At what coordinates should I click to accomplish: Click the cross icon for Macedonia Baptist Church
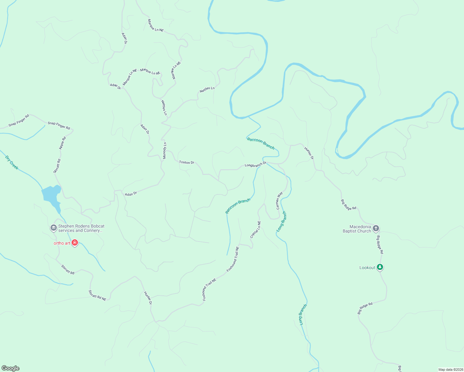click(x=376, y=229)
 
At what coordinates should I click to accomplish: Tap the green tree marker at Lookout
click(x=380, y=267)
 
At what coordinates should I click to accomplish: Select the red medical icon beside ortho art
click(x=74, y=243)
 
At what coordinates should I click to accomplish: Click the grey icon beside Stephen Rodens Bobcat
click(x=53, y=228)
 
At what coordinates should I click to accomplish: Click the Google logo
click(x=11, y=368)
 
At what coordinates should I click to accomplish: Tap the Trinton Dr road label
click(x=186, y=162)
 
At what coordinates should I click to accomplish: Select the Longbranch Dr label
click(x=255, y=164)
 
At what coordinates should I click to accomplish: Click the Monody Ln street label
click(x=165, y=151)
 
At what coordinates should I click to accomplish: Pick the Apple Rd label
click(x=63, y=143)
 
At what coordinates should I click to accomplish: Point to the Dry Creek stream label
click(x=12, y=163)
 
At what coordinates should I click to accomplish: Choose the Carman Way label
click(x=279, y=201)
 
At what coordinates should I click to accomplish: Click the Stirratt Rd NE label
click(x=97, y=295)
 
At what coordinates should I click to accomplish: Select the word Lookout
click(x=367, y=268)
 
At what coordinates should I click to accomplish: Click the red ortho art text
click(x=62, y=243)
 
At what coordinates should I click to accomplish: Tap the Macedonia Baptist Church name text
click(x=357, y=229)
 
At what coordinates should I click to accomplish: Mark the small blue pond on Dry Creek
click(x=51, y=195)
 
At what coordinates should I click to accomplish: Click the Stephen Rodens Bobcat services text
click(x=81, y=228)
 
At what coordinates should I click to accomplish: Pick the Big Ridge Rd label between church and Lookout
click(x=380, y=245)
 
